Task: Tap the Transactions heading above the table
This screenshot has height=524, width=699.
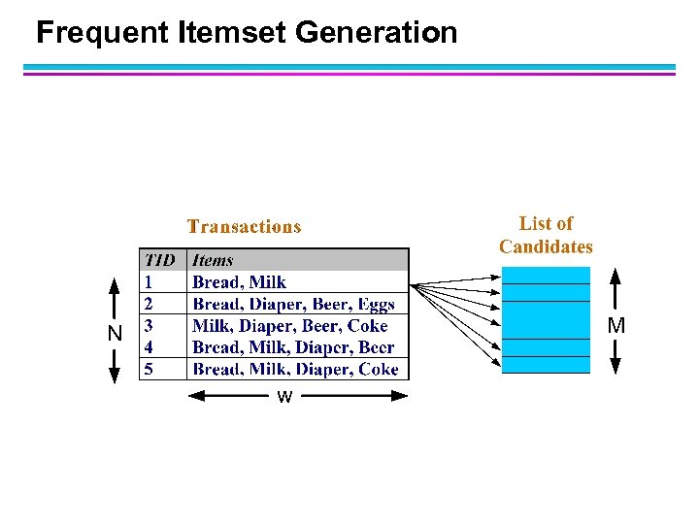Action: [244, 227]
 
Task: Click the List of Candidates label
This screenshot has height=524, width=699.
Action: [546, 235]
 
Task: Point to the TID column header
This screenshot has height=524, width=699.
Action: [160, 260]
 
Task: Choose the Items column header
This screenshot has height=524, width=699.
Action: [213, 260]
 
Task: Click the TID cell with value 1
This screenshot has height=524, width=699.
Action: [149, 281]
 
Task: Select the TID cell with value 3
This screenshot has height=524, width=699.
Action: [149, 325]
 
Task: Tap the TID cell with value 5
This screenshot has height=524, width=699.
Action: [149, 369]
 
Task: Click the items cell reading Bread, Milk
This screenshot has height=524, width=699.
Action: [239, 282]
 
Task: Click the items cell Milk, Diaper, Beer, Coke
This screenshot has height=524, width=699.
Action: [289, 326]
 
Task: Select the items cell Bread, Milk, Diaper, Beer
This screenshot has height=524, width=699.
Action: [293, 347]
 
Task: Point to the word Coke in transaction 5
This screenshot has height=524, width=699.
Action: [378, 369]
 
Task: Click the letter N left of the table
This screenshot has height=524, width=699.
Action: [116, 333]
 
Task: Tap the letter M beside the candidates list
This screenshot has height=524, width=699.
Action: [616, 326]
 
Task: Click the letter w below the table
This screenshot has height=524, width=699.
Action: [284, 397]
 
